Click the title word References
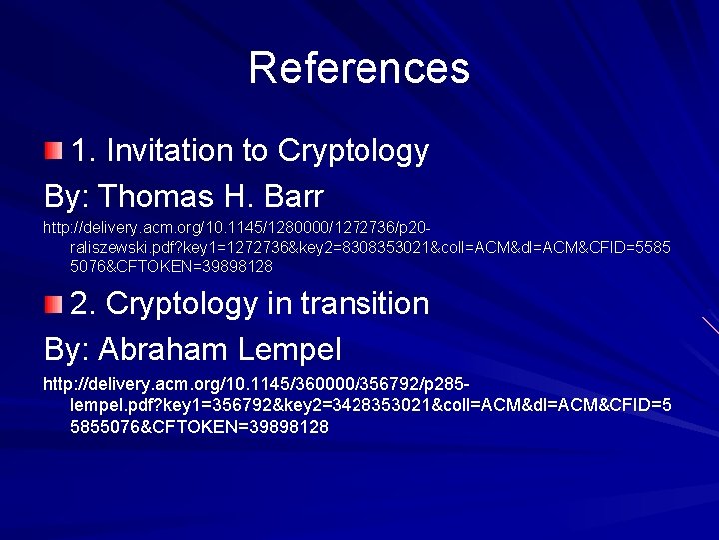[x=359, y=68]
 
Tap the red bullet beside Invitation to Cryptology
[x=53, y=151]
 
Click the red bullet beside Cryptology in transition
[x=53, y=303]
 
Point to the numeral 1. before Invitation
[x=84, y=151]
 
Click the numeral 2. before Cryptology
[x=84, y=303]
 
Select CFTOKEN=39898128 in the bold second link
[x=224, y=427]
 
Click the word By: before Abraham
[x=67, y=349]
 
